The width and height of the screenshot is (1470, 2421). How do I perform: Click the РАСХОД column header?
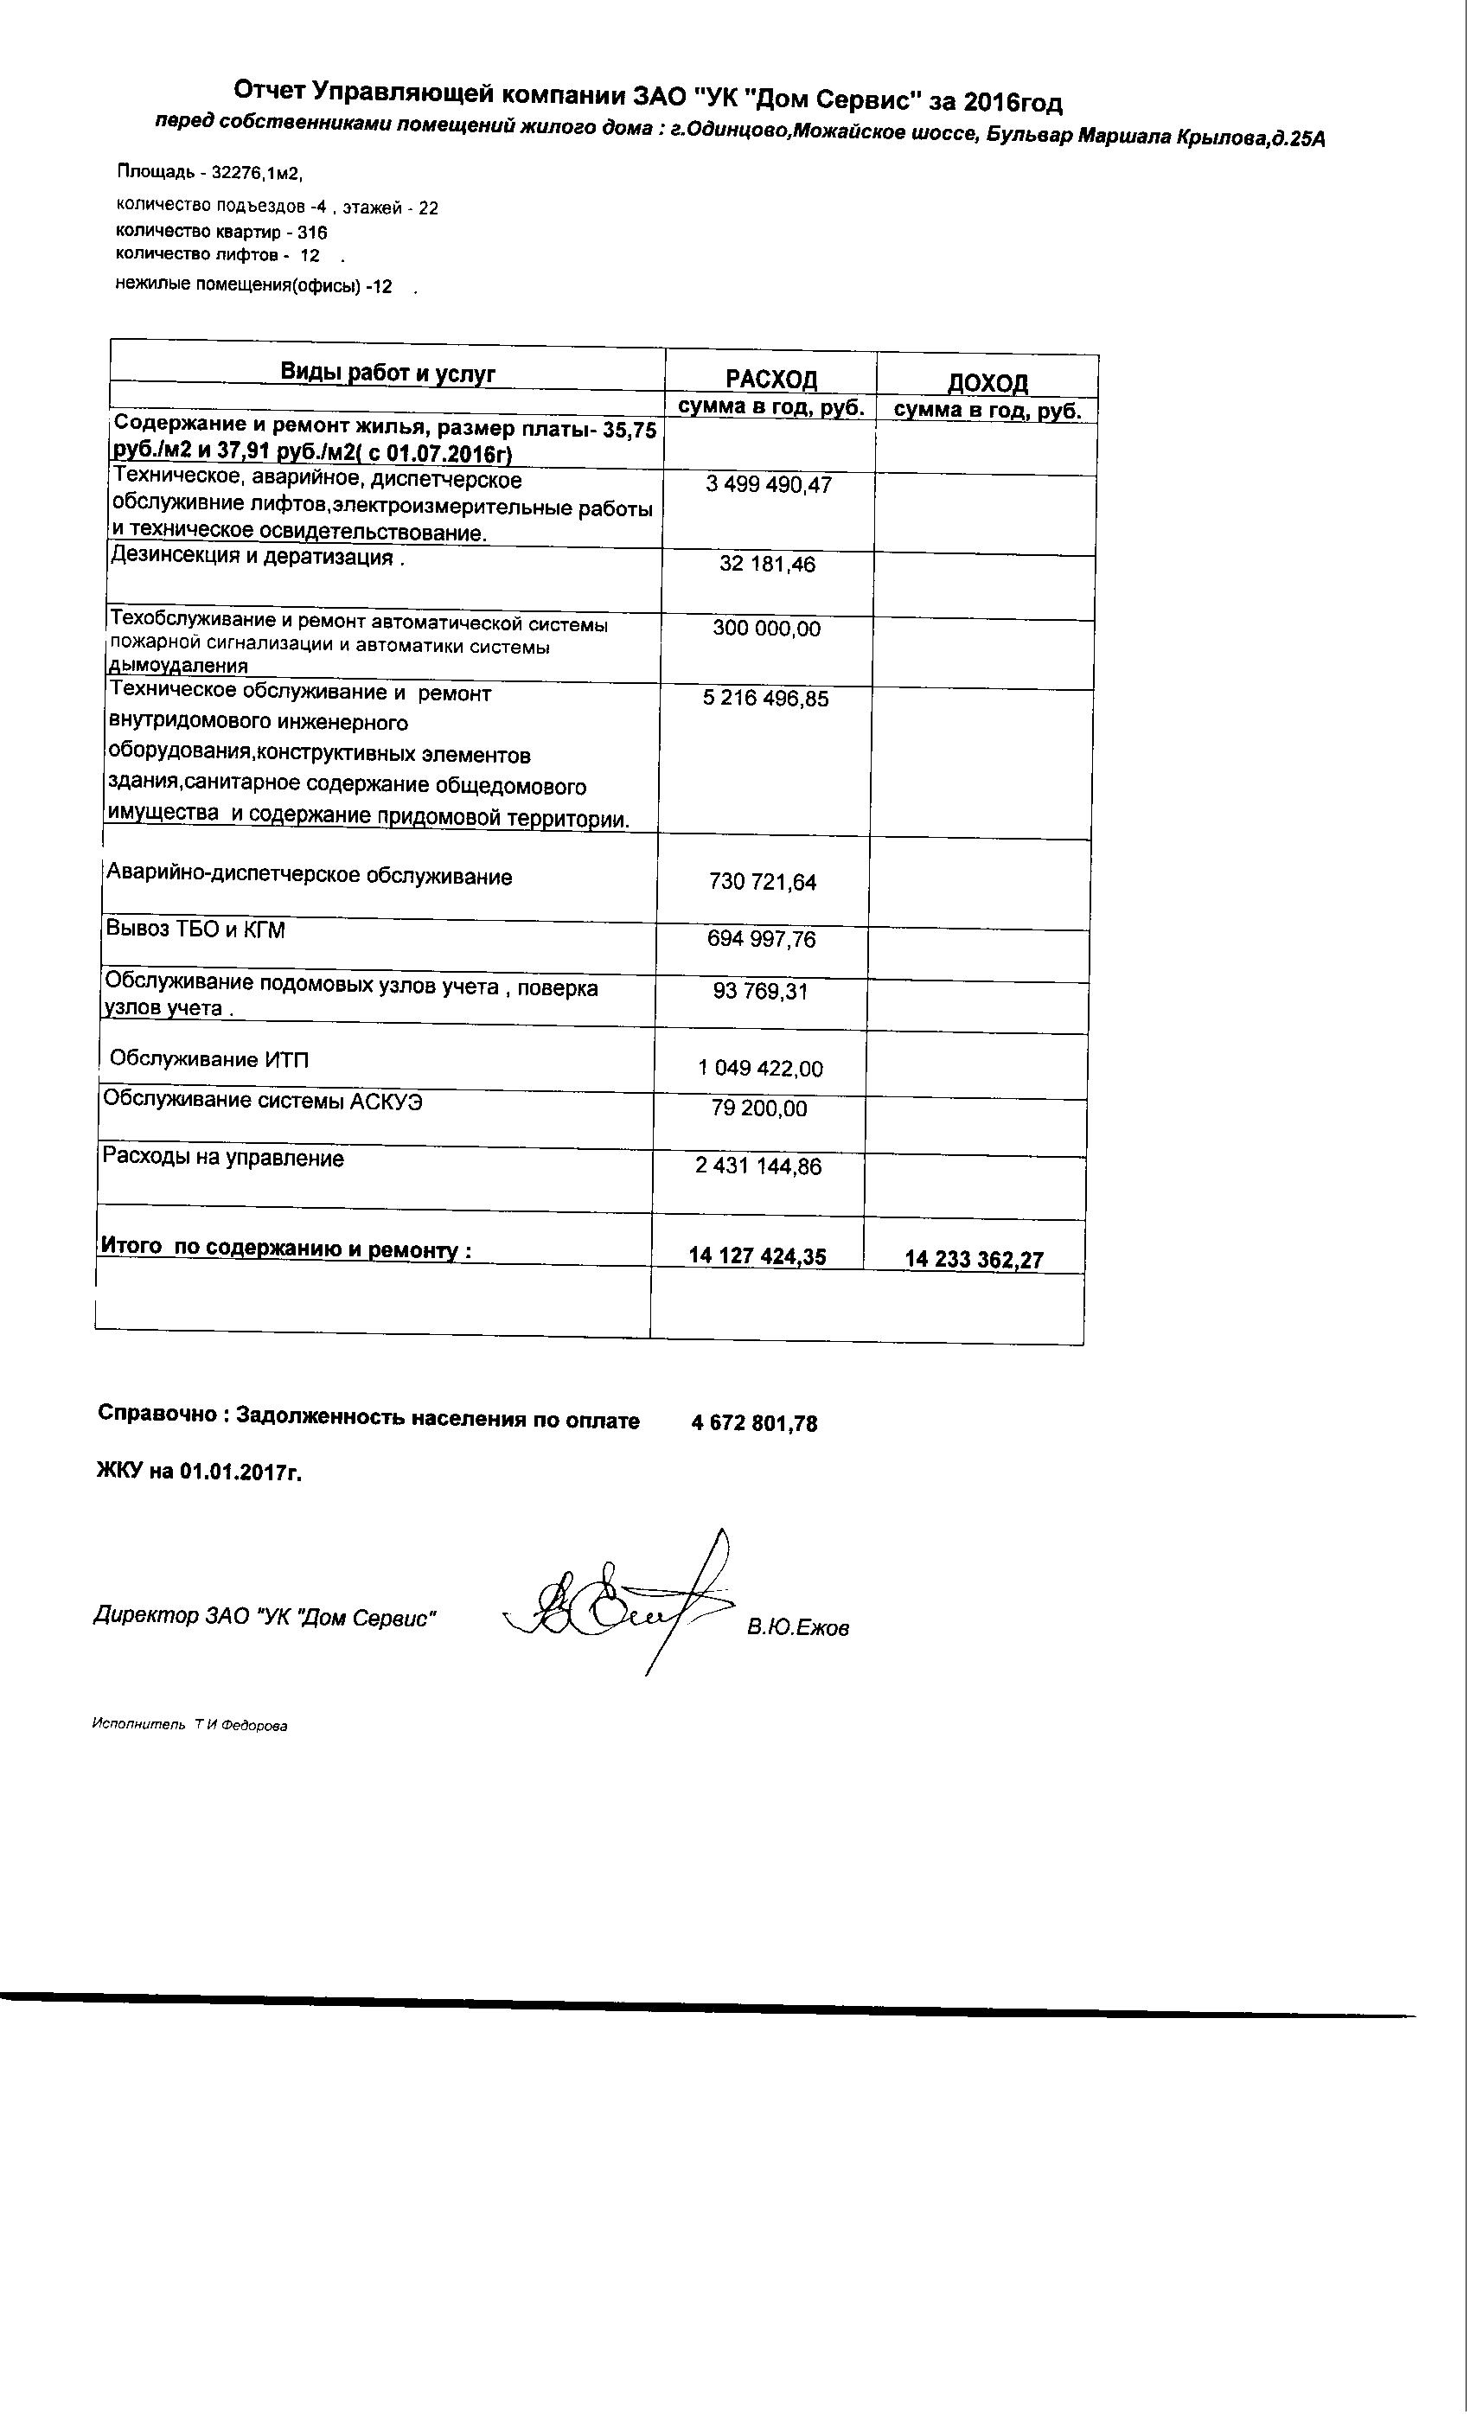point(771,380)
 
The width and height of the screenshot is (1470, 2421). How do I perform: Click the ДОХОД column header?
point(987,382)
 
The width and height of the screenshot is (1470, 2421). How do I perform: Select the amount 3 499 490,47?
point(769,485)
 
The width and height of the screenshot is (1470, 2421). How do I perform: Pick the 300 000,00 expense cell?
point(766,629)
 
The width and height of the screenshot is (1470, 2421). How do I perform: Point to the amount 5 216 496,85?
point(765,699)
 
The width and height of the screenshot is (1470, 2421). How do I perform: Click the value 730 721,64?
point(763,882)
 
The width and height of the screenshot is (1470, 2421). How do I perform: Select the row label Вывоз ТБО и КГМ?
point(195,929)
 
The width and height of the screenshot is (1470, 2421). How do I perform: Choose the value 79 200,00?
point(759,1108)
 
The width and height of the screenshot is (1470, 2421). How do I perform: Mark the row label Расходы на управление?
point(223,1159)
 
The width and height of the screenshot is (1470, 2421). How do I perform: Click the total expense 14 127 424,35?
point(757,1255)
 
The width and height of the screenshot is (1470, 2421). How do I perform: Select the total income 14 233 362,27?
point(974,1260)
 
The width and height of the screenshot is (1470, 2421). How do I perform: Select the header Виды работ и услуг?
point(388,373)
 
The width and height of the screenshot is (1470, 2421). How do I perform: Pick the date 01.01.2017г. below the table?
point(240,1472)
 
